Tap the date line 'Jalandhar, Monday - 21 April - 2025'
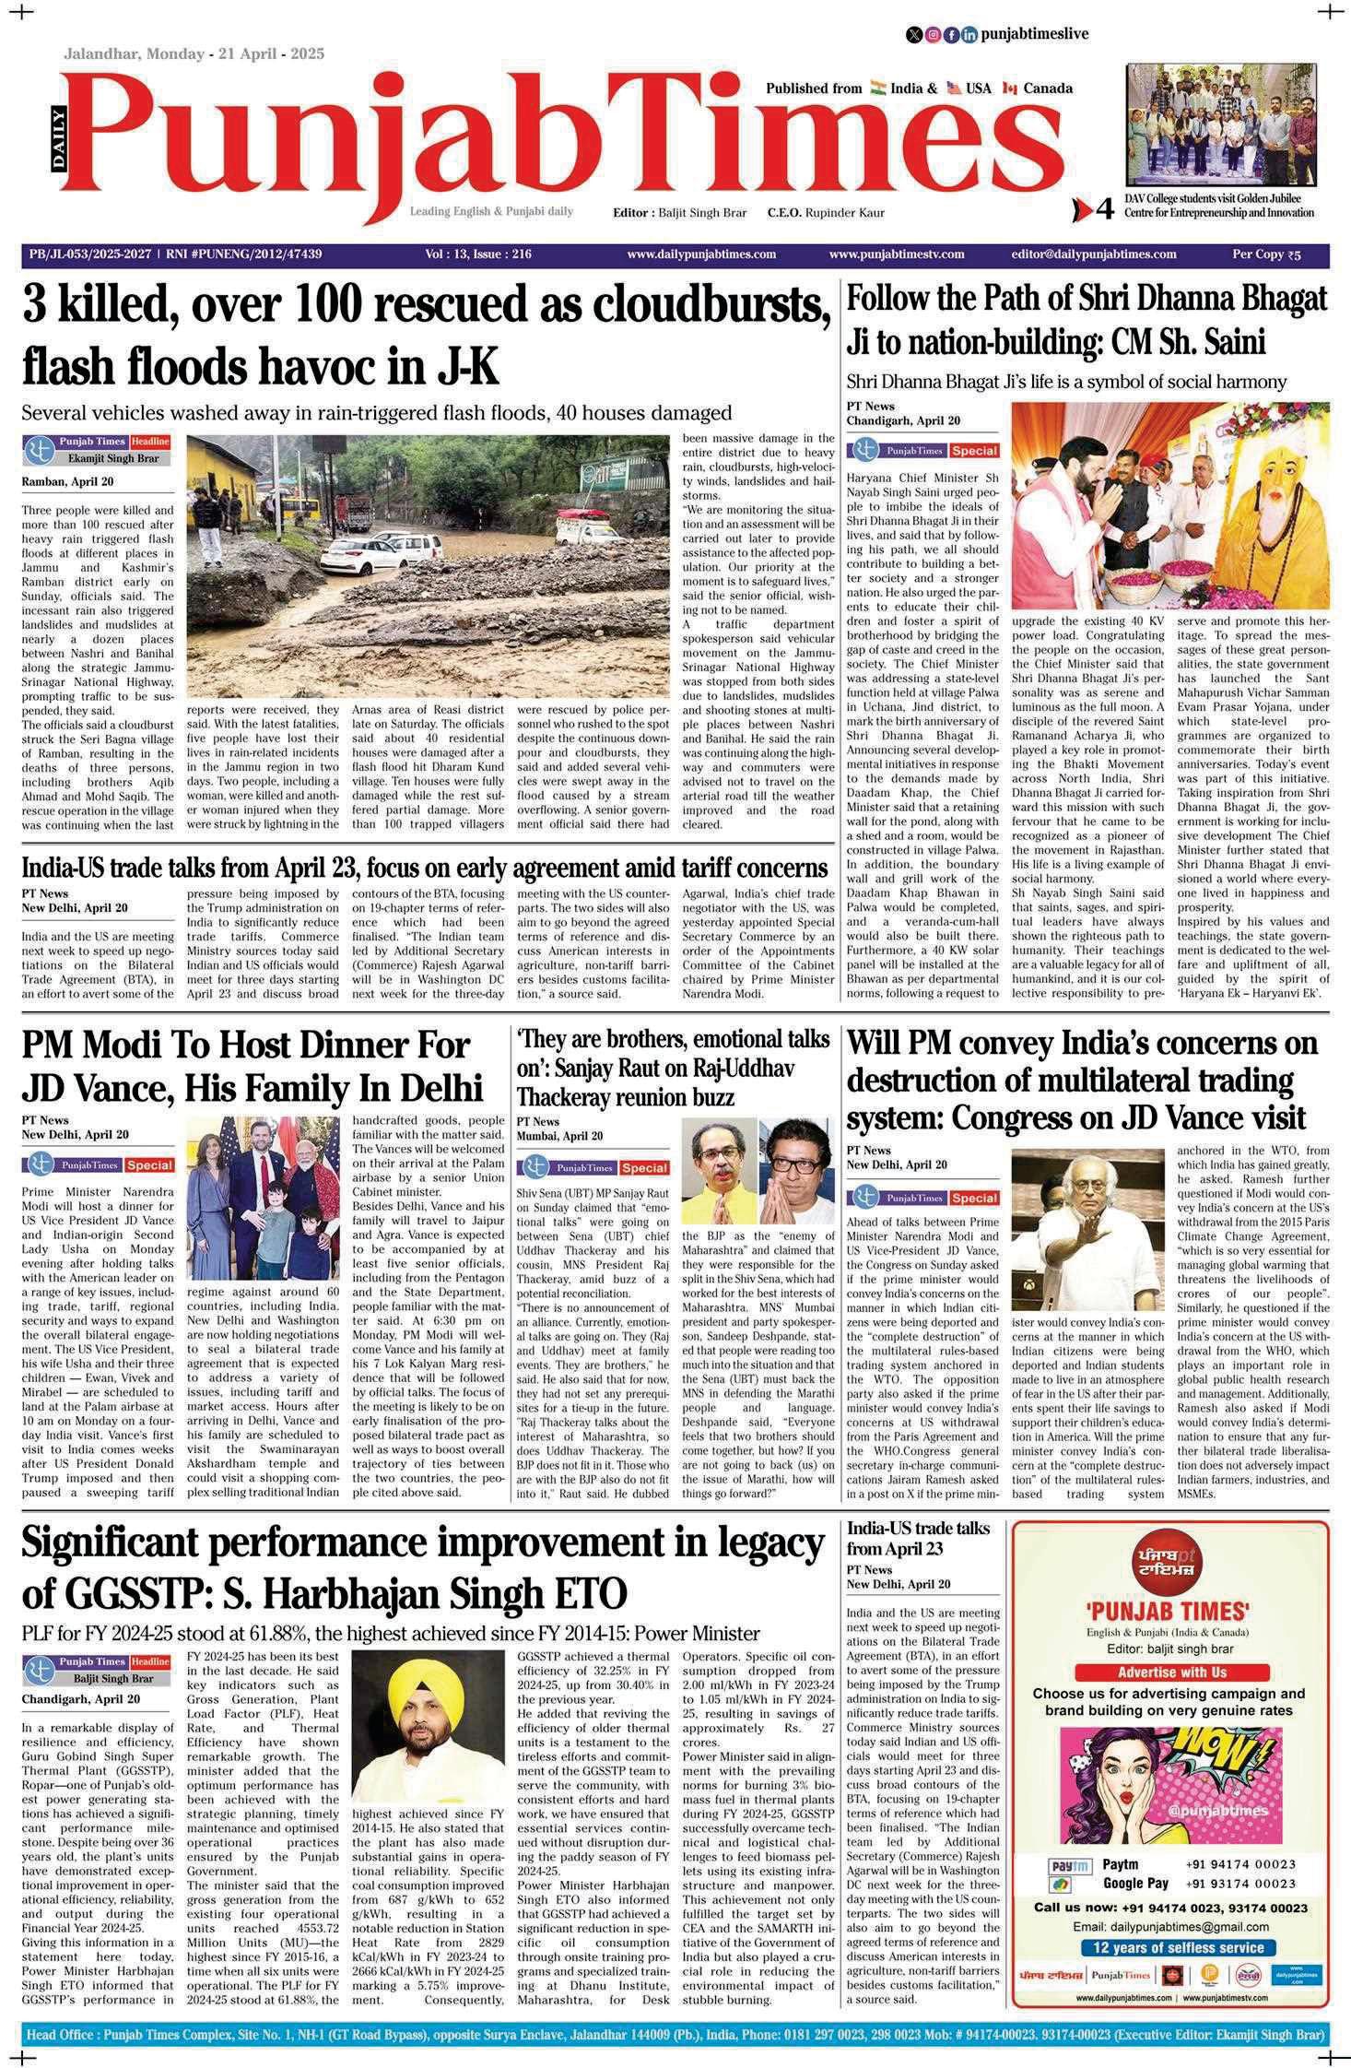pos(194,54)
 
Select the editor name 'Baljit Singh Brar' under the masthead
pos(701,213)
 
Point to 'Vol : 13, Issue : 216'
pos(478,254)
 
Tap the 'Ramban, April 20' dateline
pos(67,481)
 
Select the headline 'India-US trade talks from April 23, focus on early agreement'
pos(424,869)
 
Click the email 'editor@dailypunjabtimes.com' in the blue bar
pos(1093,254)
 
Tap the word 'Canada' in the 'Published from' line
pos(1048,89)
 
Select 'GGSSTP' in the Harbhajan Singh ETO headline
pos(114,1592)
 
